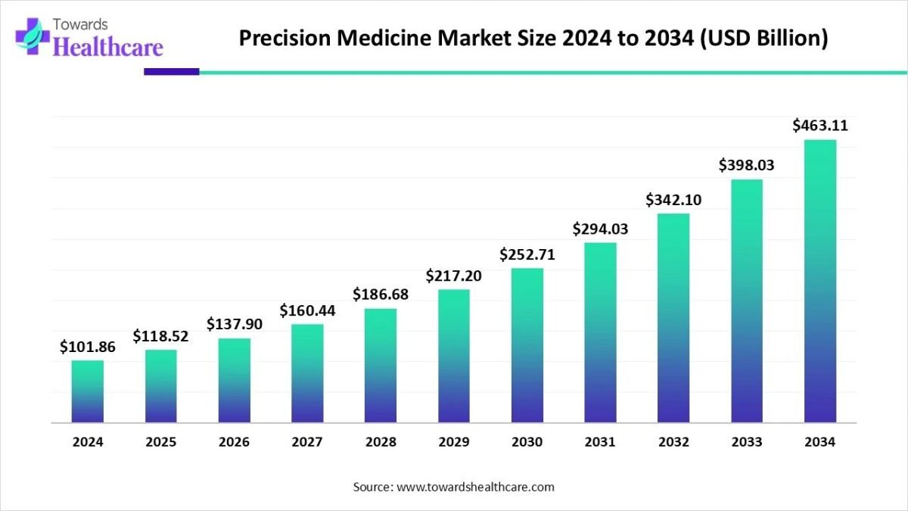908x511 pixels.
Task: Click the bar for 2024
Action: pyautogui.click(x=88, y=391)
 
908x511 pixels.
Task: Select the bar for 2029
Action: pyautogui.click(x=453, y=356)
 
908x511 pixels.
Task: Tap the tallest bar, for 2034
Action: pyautogui.click(x=820, y=281)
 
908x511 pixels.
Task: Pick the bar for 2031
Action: pyautogui.click(x=600, y=332)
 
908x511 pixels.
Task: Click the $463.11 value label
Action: pyautogui.click(x=820, y=126)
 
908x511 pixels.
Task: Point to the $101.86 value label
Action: pyautogui.click(x=88, y=347)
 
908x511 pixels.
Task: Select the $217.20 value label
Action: pyautogui.click(x=453, y=276)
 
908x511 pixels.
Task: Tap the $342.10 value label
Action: pyautogui.click(x=673, y=200)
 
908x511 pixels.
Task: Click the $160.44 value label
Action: pyautogui.click(x=307, y=310)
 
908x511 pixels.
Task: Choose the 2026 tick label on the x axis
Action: pyautogui.click(x=234, y=442)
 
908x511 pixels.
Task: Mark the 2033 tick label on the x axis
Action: pyautogui.click(x=747, y=442)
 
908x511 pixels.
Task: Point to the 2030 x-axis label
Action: pyautogui.click(x=527, y=442)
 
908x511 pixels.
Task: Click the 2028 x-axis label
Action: pyautogui.click(x=381, y=442)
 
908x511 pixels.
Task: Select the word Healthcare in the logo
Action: pyautogui.click(x=108, y=47)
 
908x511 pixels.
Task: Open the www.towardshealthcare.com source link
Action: pyautogui.click(x=475, y=487)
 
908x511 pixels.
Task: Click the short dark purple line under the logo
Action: pyautogui.click(x=171, y=72)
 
